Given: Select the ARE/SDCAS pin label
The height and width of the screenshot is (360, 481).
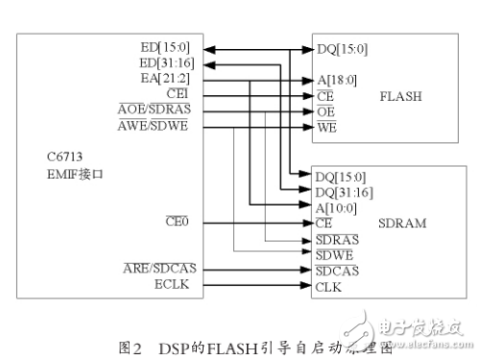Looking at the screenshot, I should (x=156, y=269).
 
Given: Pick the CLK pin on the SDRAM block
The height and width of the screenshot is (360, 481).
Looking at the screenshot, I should (x=327, y=285).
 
